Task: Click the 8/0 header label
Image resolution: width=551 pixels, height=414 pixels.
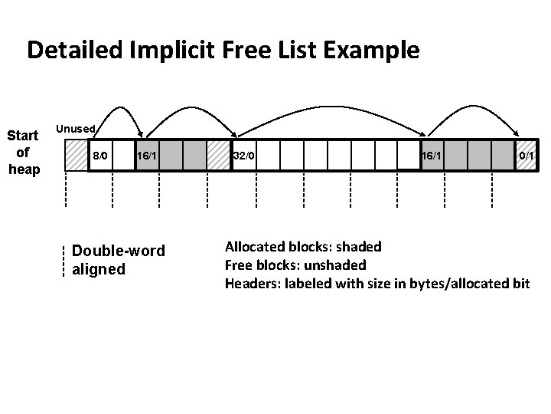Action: (x=100, y=156)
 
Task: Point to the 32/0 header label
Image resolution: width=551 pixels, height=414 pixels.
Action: (x=244, y=156)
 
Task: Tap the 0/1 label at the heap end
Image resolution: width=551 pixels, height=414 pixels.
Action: (x=527, y=156)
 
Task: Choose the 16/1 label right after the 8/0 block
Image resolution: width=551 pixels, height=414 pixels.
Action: (x=147, y=156)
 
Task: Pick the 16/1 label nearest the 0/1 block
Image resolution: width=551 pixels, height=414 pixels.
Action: (x=431, y=156)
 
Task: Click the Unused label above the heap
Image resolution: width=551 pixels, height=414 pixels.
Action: (x=76, y=129)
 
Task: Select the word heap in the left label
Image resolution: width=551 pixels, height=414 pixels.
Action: (x=23, y=169)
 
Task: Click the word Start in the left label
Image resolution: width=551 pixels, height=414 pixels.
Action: (x=23, y=136)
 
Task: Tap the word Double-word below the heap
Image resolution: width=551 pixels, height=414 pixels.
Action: (x=118, y=252)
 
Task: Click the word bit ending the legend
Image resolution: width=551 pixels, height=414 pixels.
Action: (x=520, y=284)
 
